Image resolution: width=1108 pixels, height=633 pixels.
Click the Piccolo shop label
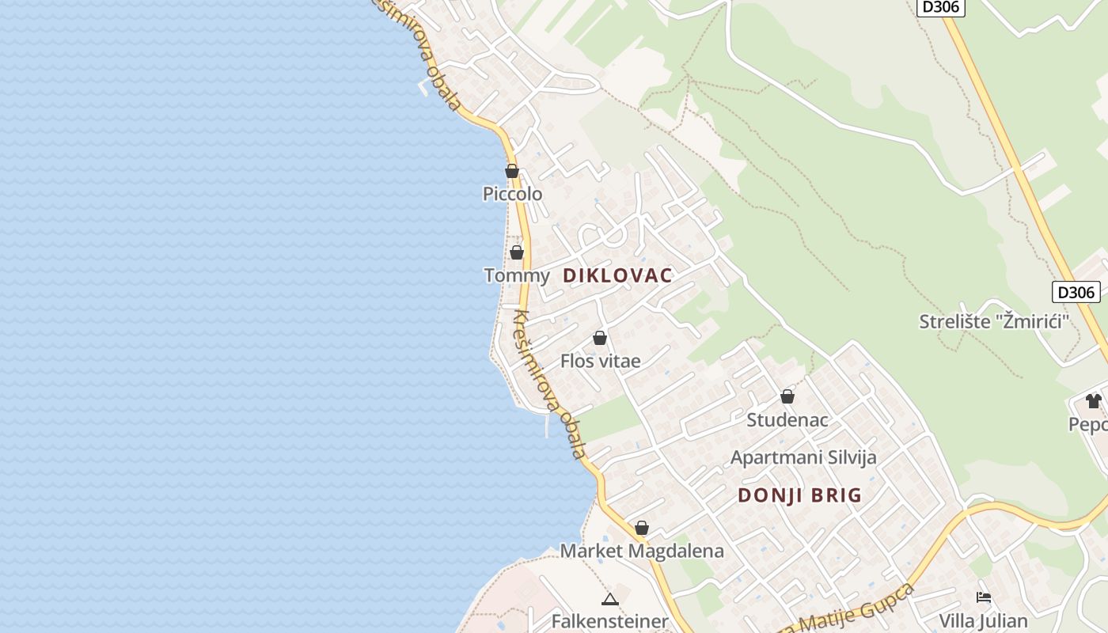513,194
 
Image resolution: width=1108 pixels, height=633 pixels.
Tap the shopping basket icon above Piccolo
512,171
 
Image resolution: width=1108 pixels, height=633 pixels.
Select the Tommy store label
516,275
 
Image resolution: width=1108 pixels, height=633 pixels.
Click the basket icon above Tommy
517,252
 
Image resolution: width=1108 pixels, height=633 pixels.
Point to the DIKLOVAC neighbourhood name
617,275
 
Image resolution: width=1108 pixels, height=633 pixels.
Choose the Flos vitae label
600,361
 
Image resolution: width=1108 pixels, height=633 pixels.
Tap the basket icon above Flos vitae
600,338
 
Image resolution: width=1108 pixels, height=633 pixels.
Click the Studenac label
787,419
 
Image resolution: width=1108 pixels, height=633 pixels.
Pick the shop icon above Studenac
787,396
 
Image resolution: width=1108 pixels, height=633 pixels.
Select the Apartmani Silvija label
803,457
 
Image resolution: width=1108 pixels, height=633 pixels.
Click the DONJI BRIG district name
799,495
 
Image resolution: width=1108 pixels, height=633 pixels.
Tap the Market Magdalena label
642,551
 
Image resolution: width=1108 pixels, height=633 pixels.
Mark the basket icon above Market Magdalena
642,528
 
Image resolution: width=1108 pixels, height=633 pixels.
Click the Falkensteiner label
609,621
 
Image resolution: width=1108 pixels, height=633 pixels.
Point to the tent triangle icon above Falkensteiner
609,599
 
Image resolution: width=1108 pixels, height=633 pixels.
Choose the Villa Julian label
983,620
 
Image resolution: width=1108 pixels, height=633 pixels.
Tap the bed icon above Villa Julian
984,597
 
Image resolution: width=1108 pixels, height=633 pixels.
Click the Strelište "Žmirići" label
994,322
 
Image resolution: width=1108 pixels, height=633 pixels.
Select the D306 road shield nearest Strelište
1076,292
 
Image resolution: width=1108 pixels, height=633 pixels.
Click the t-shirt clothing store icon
1094,401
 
